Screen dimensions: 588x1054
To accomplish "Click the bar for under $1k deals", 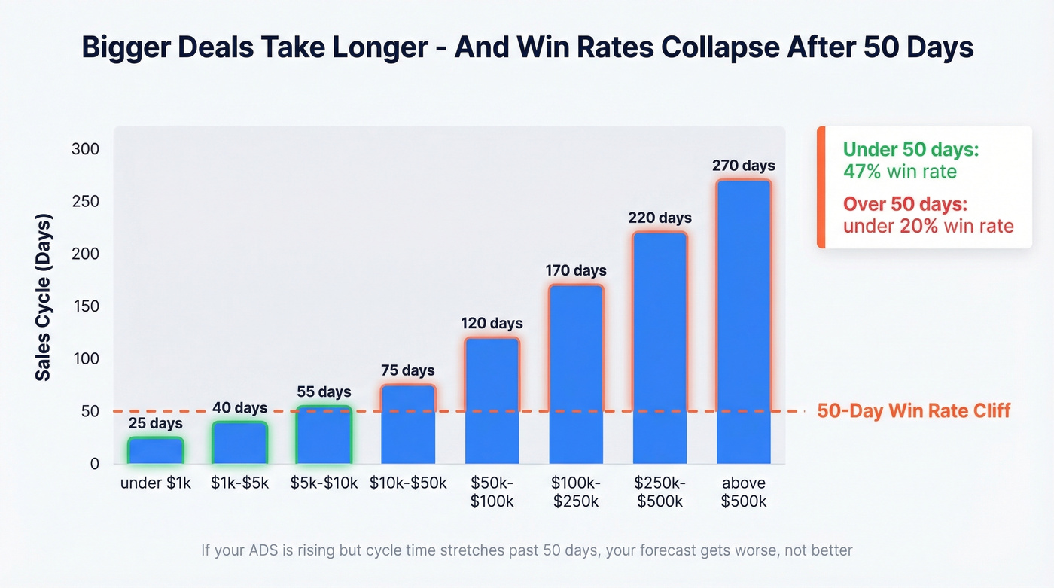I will [155, 450].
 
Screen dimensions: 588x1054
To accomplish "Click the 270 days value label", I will [743, 166].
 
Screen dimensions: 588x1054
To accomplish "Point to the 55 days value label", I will [324, 392].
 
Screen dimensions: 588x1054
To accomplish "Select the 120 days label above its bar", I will [492, 324].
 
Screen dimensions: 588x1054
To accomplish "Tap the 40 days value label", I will [239, 408].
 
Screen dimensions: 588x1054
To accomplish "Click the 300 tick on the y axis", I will [85, 149].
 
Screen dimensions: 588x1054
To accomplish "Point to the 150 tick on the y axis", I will [85, 306].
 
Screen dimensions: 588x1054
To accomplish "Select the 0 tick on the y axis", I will [94, 464].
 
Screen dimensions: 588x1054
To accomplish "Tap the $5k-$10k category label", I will [324, 483].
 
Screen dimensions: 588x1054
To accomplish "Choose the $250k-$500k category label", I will [660, 492].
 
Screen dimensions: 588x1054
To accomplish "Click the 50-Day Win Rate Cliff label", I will [913, 411].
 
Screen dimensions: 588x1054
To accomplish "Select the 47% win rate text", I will [900, 172].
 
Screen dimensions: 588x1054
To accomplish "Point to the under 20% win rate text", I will [928, 226].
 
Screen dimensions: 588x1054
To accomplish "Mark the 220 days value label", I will [660, 218].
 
